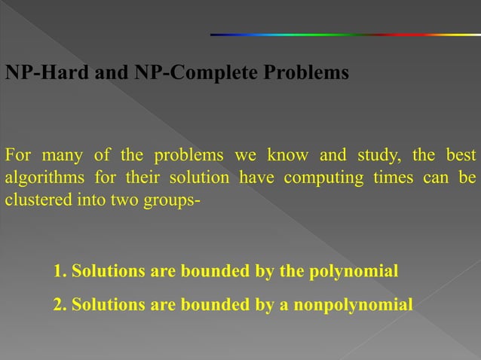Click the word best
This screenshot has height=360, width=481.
coord(460,156)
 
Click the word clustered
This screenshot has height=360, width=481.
coord(34,201)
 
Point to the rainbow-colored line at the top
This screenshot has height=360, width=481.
coord(345,34)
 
